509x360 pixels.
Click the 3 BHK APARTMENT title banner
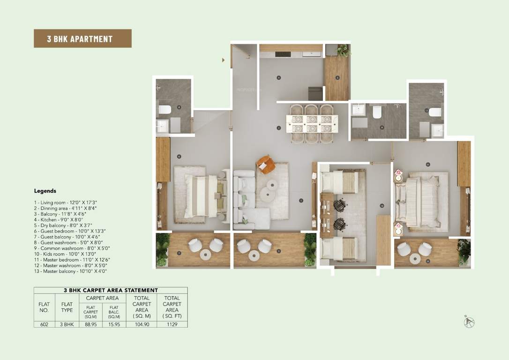(x=82, y=38)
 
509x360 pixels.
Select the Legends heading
(x=45, y=191)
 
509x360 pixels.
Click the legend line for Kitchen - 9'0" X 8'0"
(x=58, y=219)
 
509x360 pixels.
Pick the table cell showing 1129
(x=172, y=324)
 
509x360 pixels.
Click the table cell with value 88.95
(x=91, y=324)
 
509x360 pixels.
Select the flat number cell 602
(x=44, y=324)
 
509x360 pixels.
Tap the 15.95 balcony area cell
(x=114, y=324)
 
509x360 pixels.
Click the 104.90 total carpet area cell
(x=142, y=324)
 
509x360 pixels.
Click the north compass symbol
(x=469, y=322)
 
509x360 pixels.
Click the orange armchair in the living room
(x=266, y=164)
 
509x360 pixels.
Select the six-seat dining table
(x=312, y=123)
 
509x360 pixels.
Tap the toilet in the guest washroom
(x=165, y=110)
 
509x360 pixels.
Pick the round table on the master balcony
(x=415, y=258)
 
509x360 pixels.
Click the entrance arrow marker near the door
(x=224, y=60)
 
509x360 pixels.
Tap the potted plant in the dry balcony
(x=344, y=50)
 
